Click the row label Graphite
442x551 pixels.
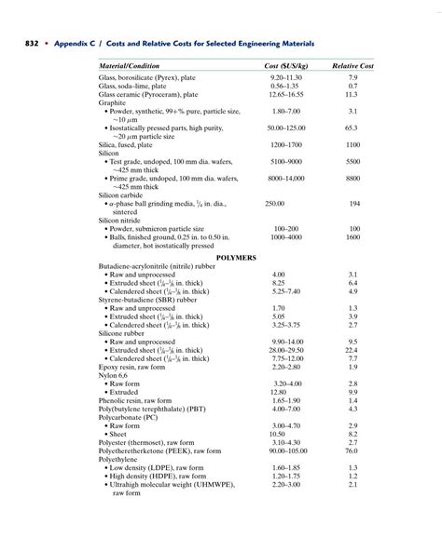tap(114, 102)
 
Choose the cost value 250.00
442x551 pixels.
tap(274, 203)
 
